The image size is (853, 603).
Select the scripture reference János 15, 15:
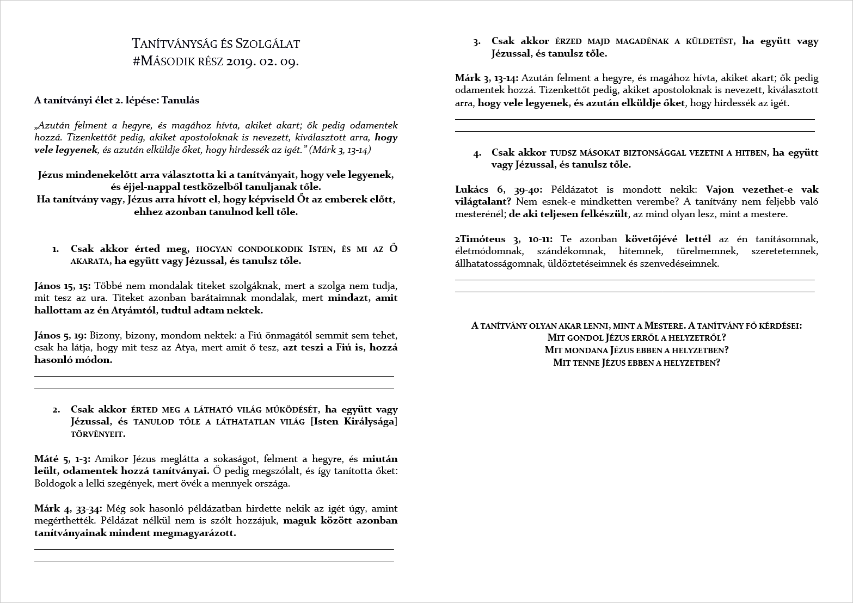63,286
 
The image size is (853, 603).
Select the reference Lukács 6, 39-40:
499,189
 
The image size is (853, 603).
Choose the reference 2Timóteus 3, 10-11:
504,239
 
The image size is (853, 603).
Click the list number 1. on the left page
56,249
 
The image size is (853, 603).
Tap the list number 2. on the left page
56,410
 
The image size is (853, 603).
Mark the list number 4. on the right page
477,153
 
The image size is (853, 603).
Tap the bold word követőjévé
649,239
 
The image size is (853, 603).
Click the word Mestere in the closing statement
664,325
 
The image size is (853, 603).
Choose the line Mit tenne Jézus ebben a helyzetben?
636,362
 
